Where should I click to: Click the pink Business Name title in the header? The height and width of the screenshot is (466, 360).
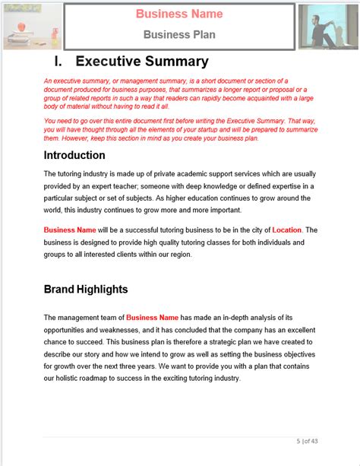point(179,14)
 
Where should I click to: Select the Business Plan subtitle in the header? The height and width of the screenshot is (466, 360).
point(179,33)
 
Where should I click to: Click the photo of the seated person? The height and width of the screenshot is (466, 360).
point(327,26)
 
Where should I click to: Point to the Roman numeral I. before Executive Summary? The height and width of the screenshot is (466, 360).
point(58,62)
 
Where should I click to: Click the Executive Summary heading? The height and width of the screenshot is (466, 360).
point(142,62)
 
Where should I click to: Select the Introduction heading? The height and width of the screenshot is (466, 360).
point(74,156)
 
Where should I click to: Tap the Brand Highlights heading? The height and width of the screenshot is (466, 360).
point(85,289)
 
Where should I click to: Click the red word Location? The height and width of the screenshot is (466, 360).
point(287,230)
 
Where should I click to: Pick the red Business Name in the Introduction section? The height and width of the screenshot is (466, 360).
point(69,230)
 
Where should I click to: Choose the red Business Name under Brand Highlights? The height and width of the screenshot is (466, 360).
point(152,317)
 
